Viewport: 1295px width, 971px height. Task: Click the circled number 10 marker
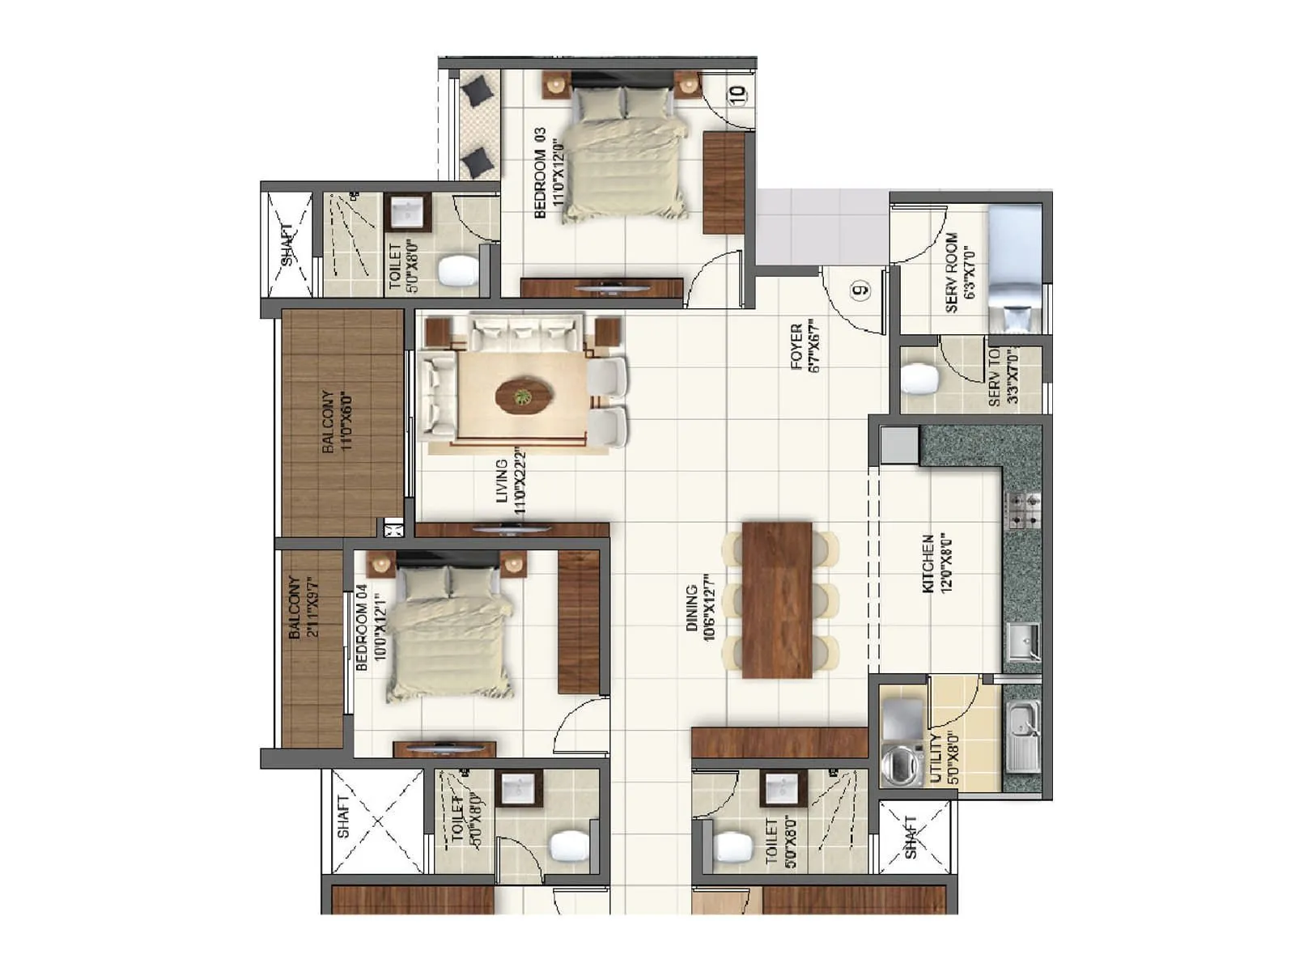point(737,94)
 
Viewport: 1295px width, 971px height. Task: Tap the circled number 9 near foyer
point(861,288)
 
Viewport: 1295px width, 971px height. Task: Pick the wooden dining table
point(777,599)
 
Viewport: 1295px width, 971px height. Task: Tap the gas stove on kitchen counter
point(1022,510)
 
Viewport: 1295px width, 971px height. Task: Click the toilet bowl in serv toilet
point(918,378)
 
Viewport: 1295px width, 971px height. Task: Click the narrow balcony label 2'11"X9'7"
point(303,607)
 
